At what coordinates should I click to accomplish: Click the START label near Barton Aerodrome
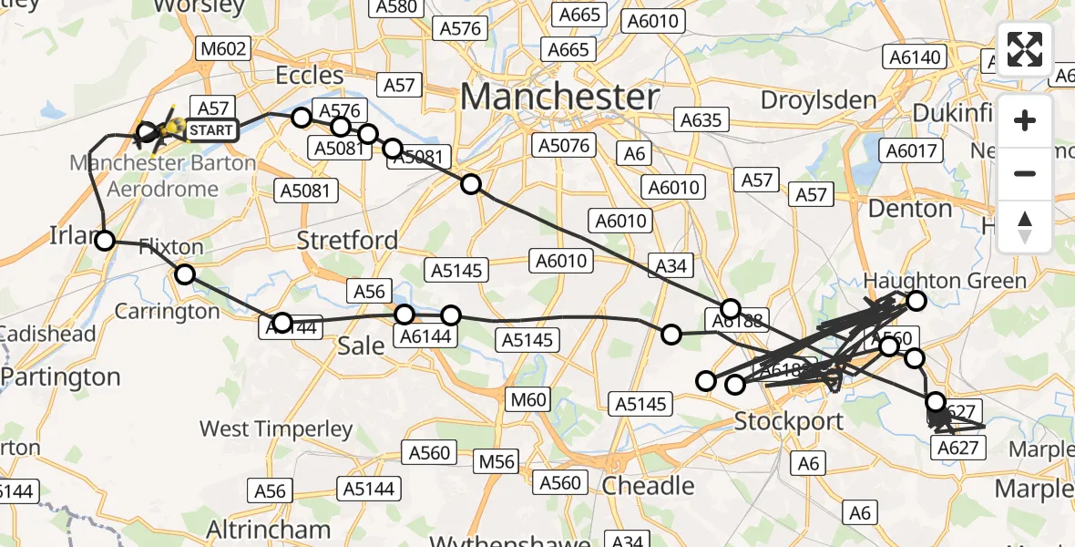tap(211, 130)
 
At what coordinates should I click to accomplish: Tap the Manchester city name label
tap(559, 97)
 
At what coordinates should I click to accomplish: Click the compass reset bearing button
tap(1025, 226)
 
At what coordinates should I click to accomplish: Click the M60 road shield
tap(528, 399)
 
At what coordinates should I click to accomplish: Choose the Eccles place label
tap(311, 75)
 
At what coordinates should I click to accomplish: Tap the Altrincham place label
tap(268, 529)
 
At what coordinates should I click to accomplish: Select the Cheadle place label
tap(649, 485)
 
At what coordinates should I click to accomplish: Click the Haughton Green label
tap(945, 281)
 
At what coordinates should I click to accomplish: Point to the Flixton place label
tap(172, 247)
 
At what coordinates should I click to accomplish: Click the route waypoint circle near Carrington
tap(185, 274)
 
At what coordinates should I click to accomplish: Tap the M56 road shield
tap(497, 462)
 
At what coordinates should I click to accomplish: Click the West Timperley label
tap(276, 428)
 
